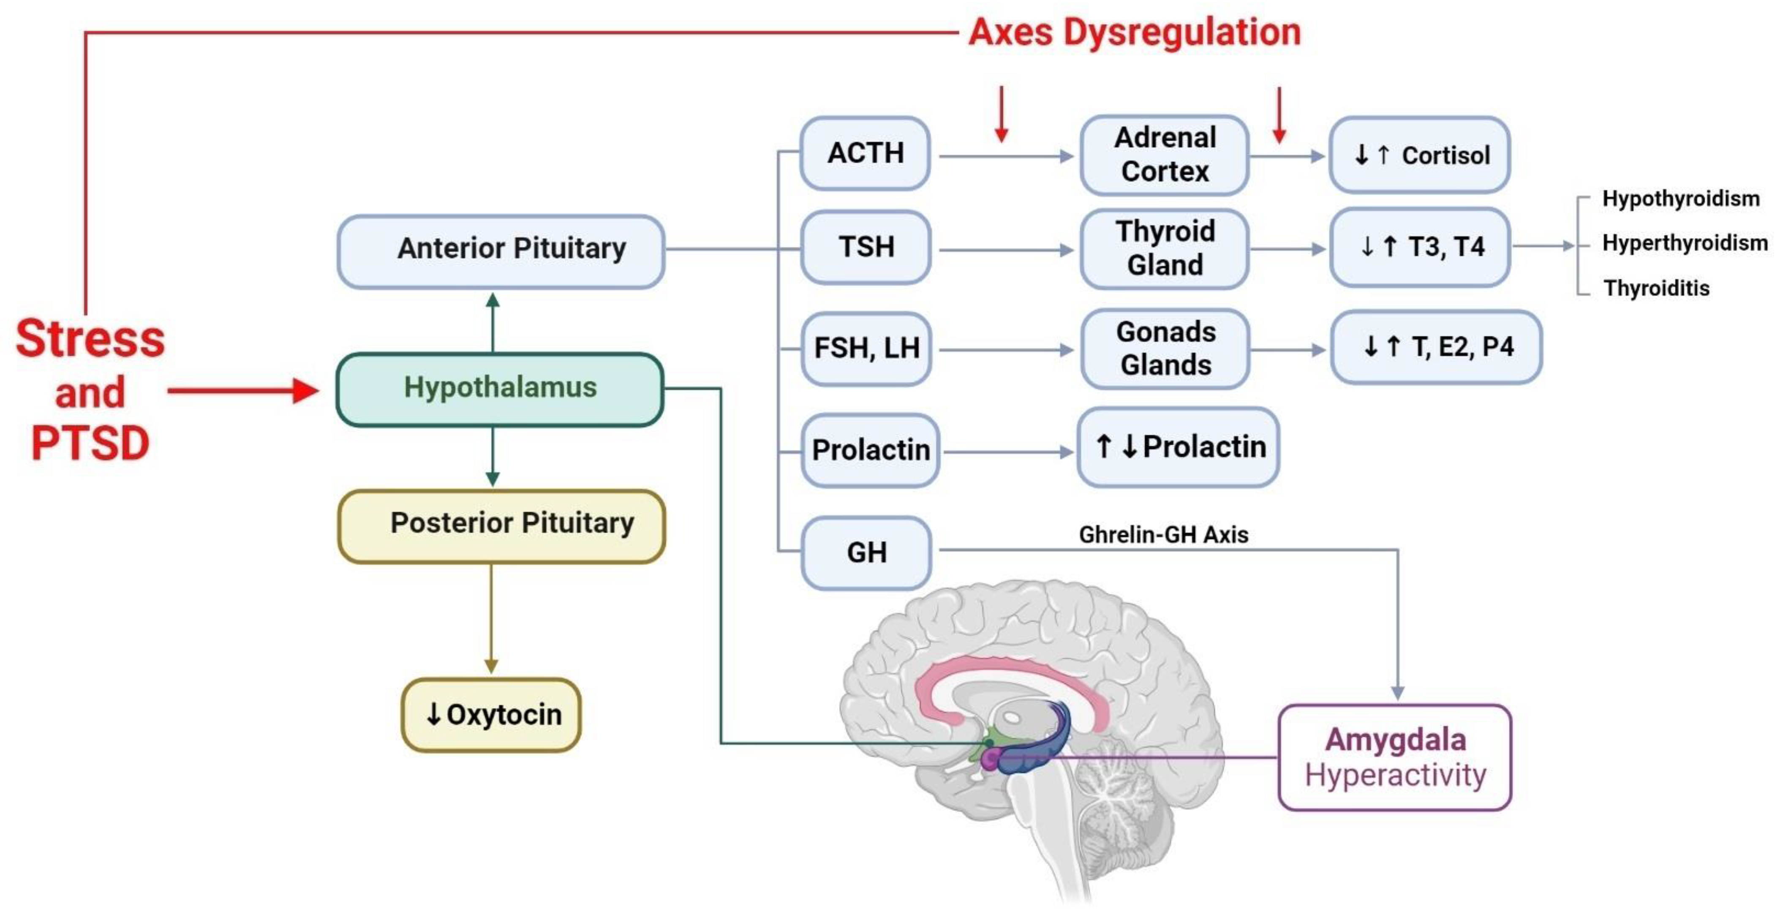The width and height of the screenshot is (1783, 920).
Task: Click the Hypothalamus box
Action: (500, 389)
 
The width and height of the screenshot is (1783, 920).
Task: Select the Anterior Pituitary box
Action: (501, 250)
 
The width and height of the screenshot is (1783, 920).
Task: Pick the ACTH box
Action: (865, 153)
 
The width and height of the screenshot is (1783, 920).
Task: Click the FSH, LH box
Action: (866, 348)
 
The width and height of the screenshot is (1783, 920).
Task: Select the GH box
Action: (866, 553)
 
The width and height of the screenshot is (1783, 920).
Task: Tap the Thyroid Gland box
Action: (1165, 248)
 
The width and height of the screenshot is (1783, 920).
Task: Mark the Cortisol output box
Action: (1420, 155)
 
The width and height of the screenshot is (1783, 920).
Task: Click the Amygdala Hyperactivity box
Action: (1395, 757)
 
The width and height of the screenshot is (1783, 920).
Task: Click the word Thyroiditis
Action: (1656, 288)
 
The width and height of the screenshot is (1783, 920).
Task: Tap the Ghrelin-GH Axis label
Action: (1163, 534)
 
